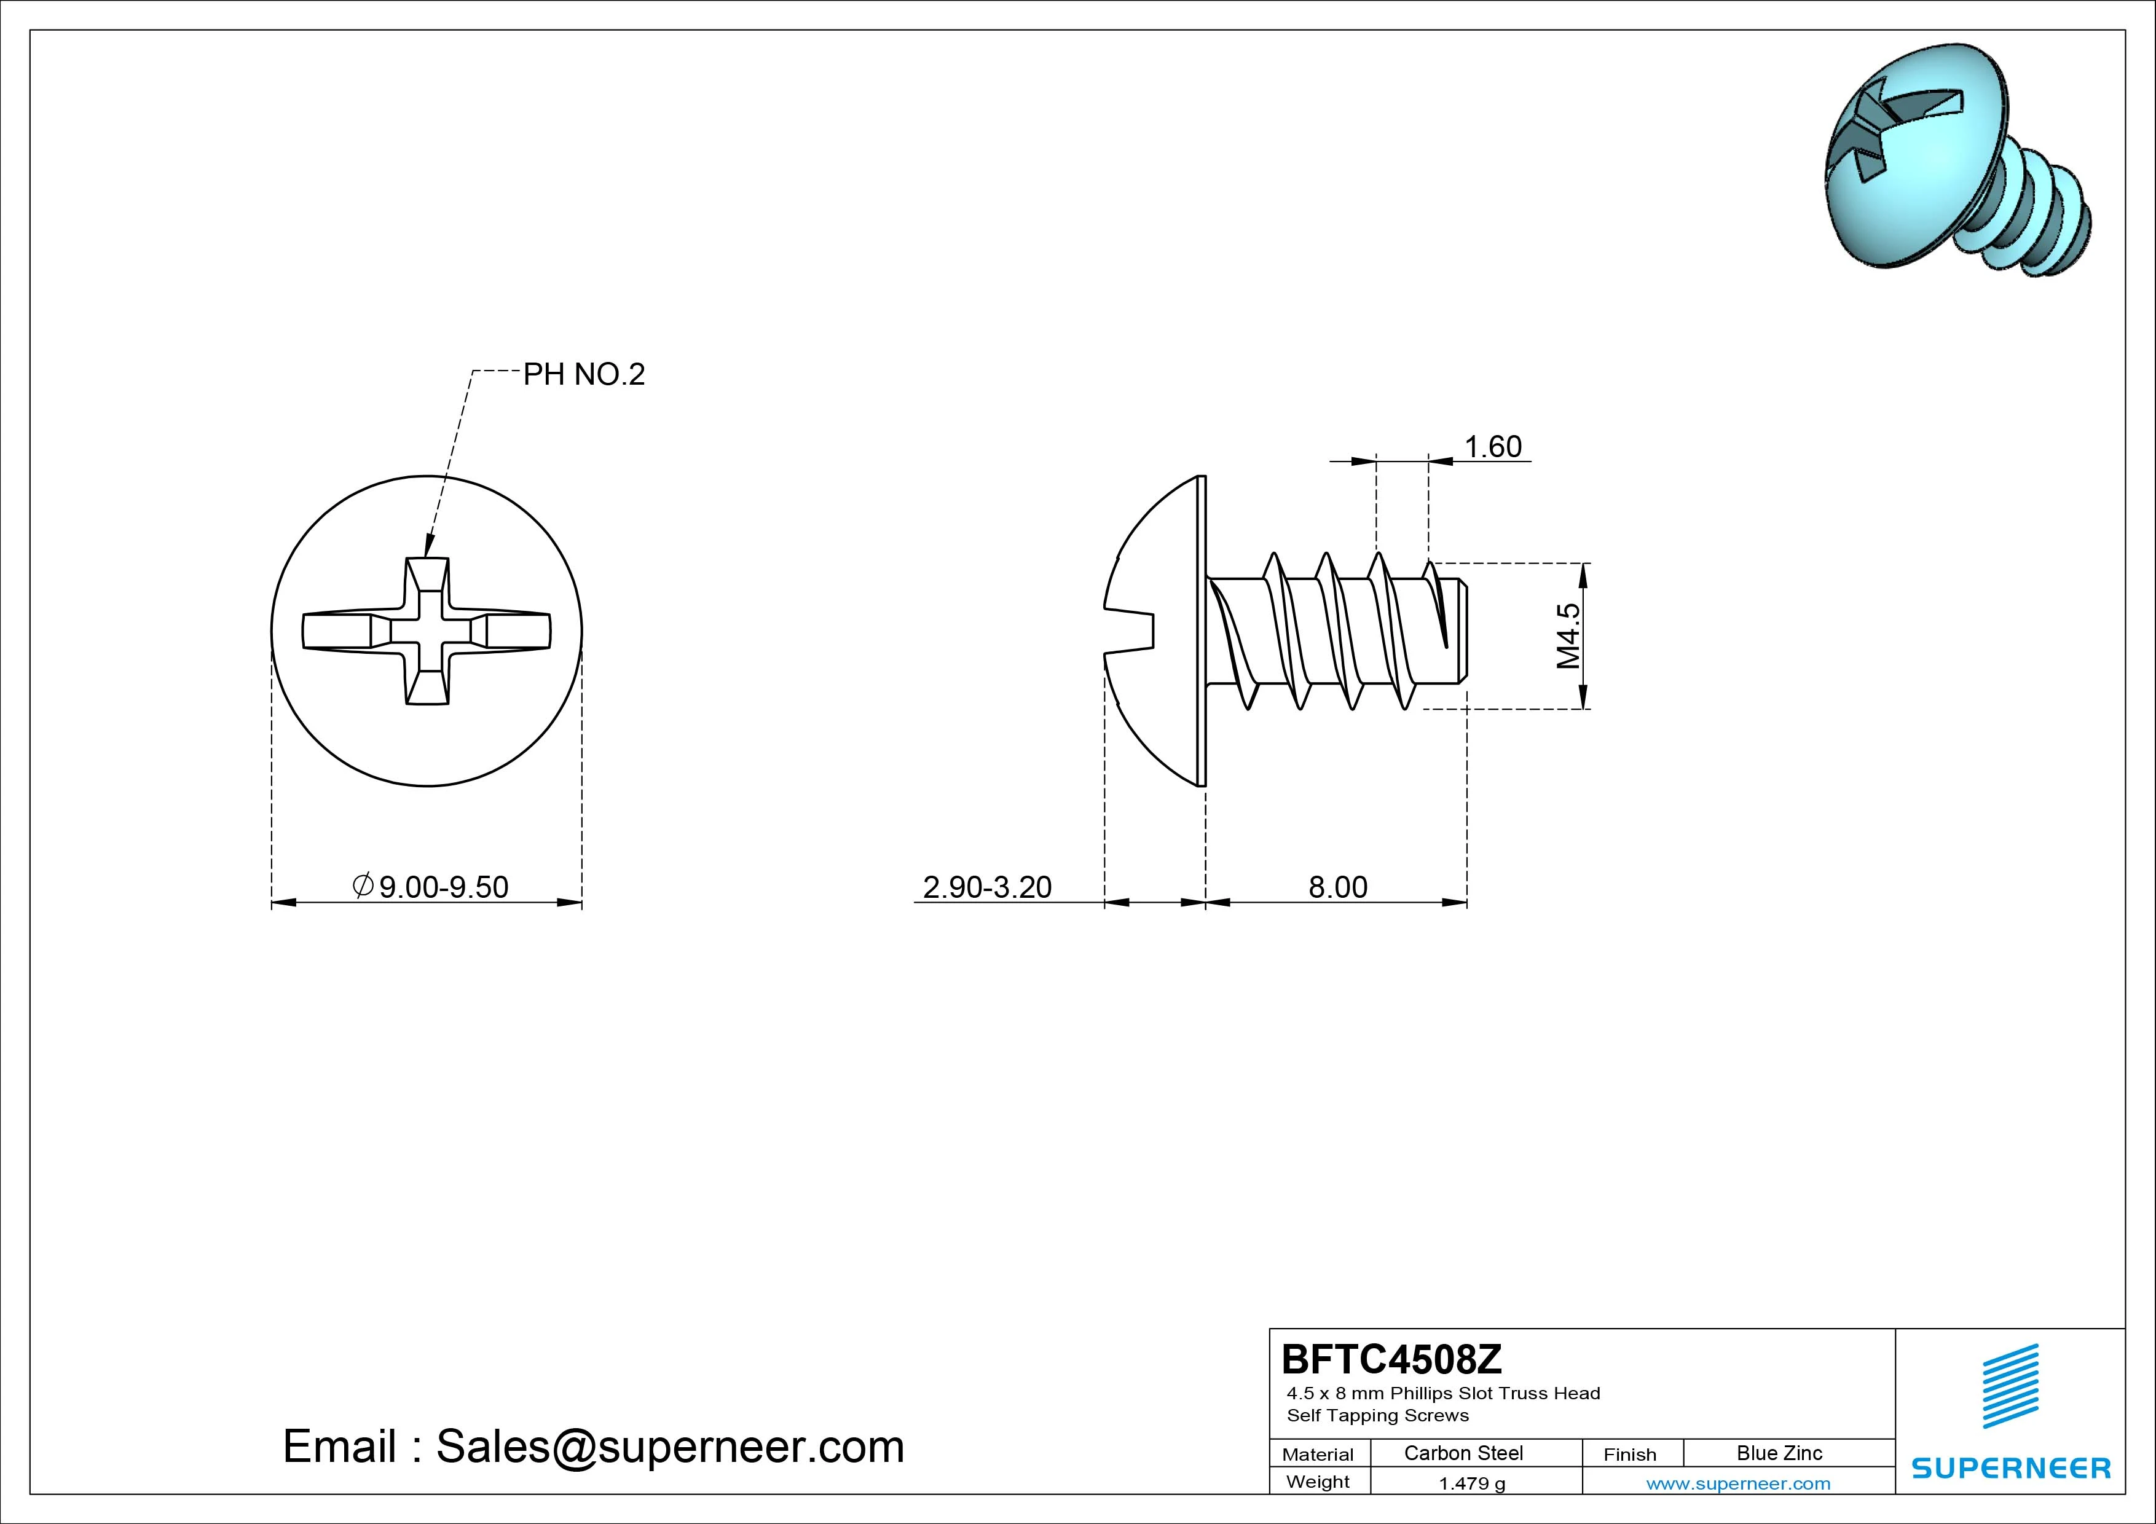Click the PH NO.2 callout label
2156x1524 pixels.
(584, 375)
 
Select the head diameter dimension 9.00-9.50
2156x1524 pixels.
(431, 886)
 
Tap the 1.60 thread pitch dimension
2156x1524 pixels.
(1493, 446)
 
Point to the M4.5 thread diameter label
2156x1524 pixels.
(1568, 635)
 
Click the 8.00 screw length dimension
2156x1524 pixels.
(1338, 886)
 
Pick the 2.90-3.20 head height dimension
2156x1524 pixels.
(987, 886)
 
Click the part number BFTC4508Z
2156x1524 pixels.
(1391, 1359)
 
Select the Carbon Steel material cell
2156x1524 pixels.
(1463, 1453)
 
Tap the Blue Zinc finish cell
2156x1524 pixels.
(1779, 1453)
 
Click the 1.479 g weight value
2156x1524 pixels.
(1471, 1483)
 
